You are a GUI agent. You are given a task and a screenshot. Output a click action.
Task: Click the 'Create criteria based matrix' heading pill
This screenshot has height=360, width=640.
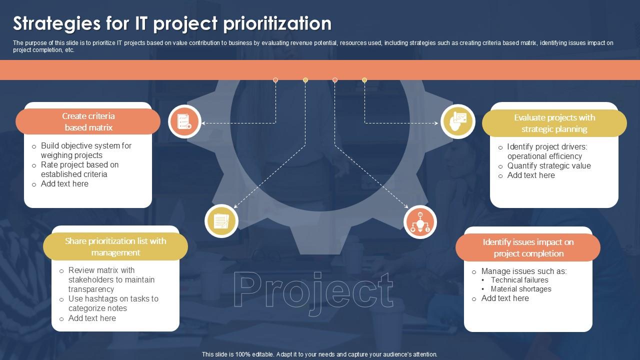point(88,121)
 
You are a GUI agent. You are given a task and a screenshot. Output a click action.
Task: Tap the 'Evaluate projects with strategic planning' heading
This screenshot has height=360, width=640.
point(554,123)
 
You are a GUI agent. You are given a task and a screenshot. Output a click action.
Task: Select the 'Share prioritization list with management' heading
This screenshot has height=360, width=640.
point(115,246)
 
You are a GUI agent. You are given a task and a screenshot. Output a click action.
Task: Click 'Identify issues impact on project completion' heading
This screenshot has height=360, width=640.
point(528,247)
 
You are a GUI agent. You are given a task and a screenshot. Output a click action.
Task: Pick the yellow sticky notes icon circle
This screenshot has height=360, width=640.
point(221,220)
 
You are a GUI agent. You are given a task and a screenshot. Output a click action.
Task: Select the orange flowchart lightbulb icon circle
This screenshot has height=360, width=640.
point(420,222)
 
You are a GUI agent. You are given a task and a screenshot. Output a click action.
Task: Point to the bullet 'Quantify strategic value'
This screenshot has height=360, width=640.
point(548,165)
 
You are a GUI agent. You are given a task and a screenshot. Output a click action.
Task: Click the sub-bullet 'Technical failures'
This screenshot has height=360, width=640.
point(519,280)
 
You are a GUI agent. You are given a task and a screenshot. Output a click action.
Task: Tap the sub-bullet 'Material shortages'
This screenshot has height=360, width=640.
point(520,289)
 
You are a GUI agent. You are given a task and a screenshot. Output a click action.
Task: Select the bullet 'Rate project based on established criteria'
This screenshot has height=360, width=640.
point(79,169)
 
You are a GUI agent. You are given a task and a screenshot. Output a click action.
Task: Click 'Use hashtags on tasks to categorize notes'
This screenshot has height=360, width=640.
point(112,303)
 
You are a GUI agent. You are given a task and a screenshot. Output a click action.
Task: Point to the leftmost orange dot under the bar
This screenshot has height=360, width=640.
point(275,80)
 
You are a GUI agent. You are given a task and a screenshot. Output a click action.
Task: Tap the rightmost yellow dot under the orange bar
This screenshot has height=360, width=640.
point(364,80)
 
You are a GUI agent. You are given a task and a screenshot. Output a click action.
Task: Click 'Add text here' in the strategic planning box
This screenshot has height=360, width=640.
point(530,175)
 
